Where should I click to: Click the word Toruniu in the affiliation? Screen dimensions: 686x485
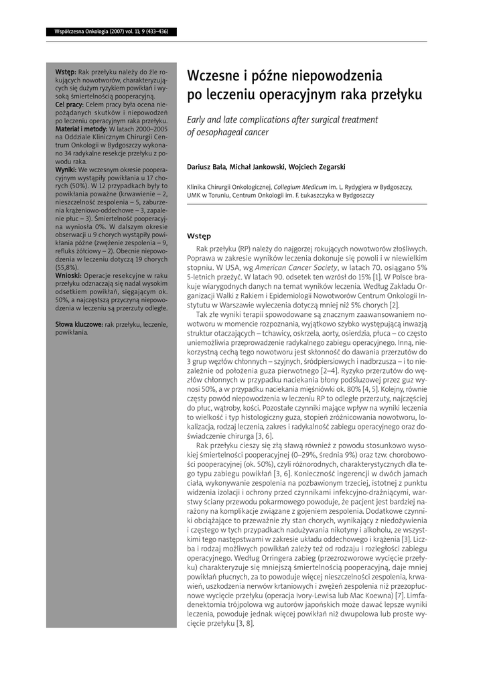(224, 196)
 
